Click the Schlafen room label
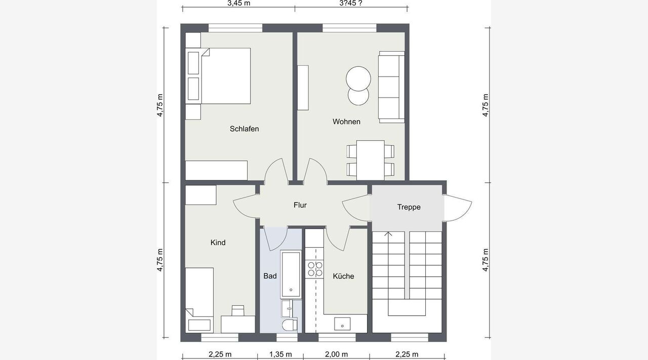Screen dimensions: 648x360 coord(244,129)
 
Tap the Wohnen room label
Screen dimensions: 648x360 coord(346,122)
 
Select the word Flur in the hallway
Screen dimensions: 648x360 coord(300,205)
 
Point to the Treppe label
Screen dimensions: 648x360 coord(409,207)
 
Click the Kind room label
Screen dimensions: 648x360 coord(218,243)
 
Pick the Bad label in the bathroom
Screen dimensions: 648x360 coord(270,276)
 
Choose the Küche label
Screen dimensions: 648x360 coord(343,276)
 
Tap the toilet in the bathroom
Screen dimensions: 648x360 coord(290,325)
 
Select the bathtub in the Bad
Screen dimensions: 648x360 coord(291,274)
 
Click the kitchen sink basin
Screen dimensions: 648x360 coord(342,324)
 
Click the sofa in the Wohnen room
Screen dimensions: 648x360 coord(391,87)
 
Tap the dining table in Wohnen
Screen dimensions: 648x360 coord(370,161)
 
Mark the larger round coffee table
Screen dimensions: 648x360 coord(358,78)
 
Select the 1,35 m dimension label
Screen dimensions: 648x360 coord(280,354)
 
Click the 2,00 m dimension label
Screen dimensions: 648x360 coord(337,354)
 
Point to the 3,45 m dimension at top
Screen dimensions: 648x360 coord(239,3)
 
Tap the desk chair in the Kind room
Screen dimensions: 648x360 coord(238,310)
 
